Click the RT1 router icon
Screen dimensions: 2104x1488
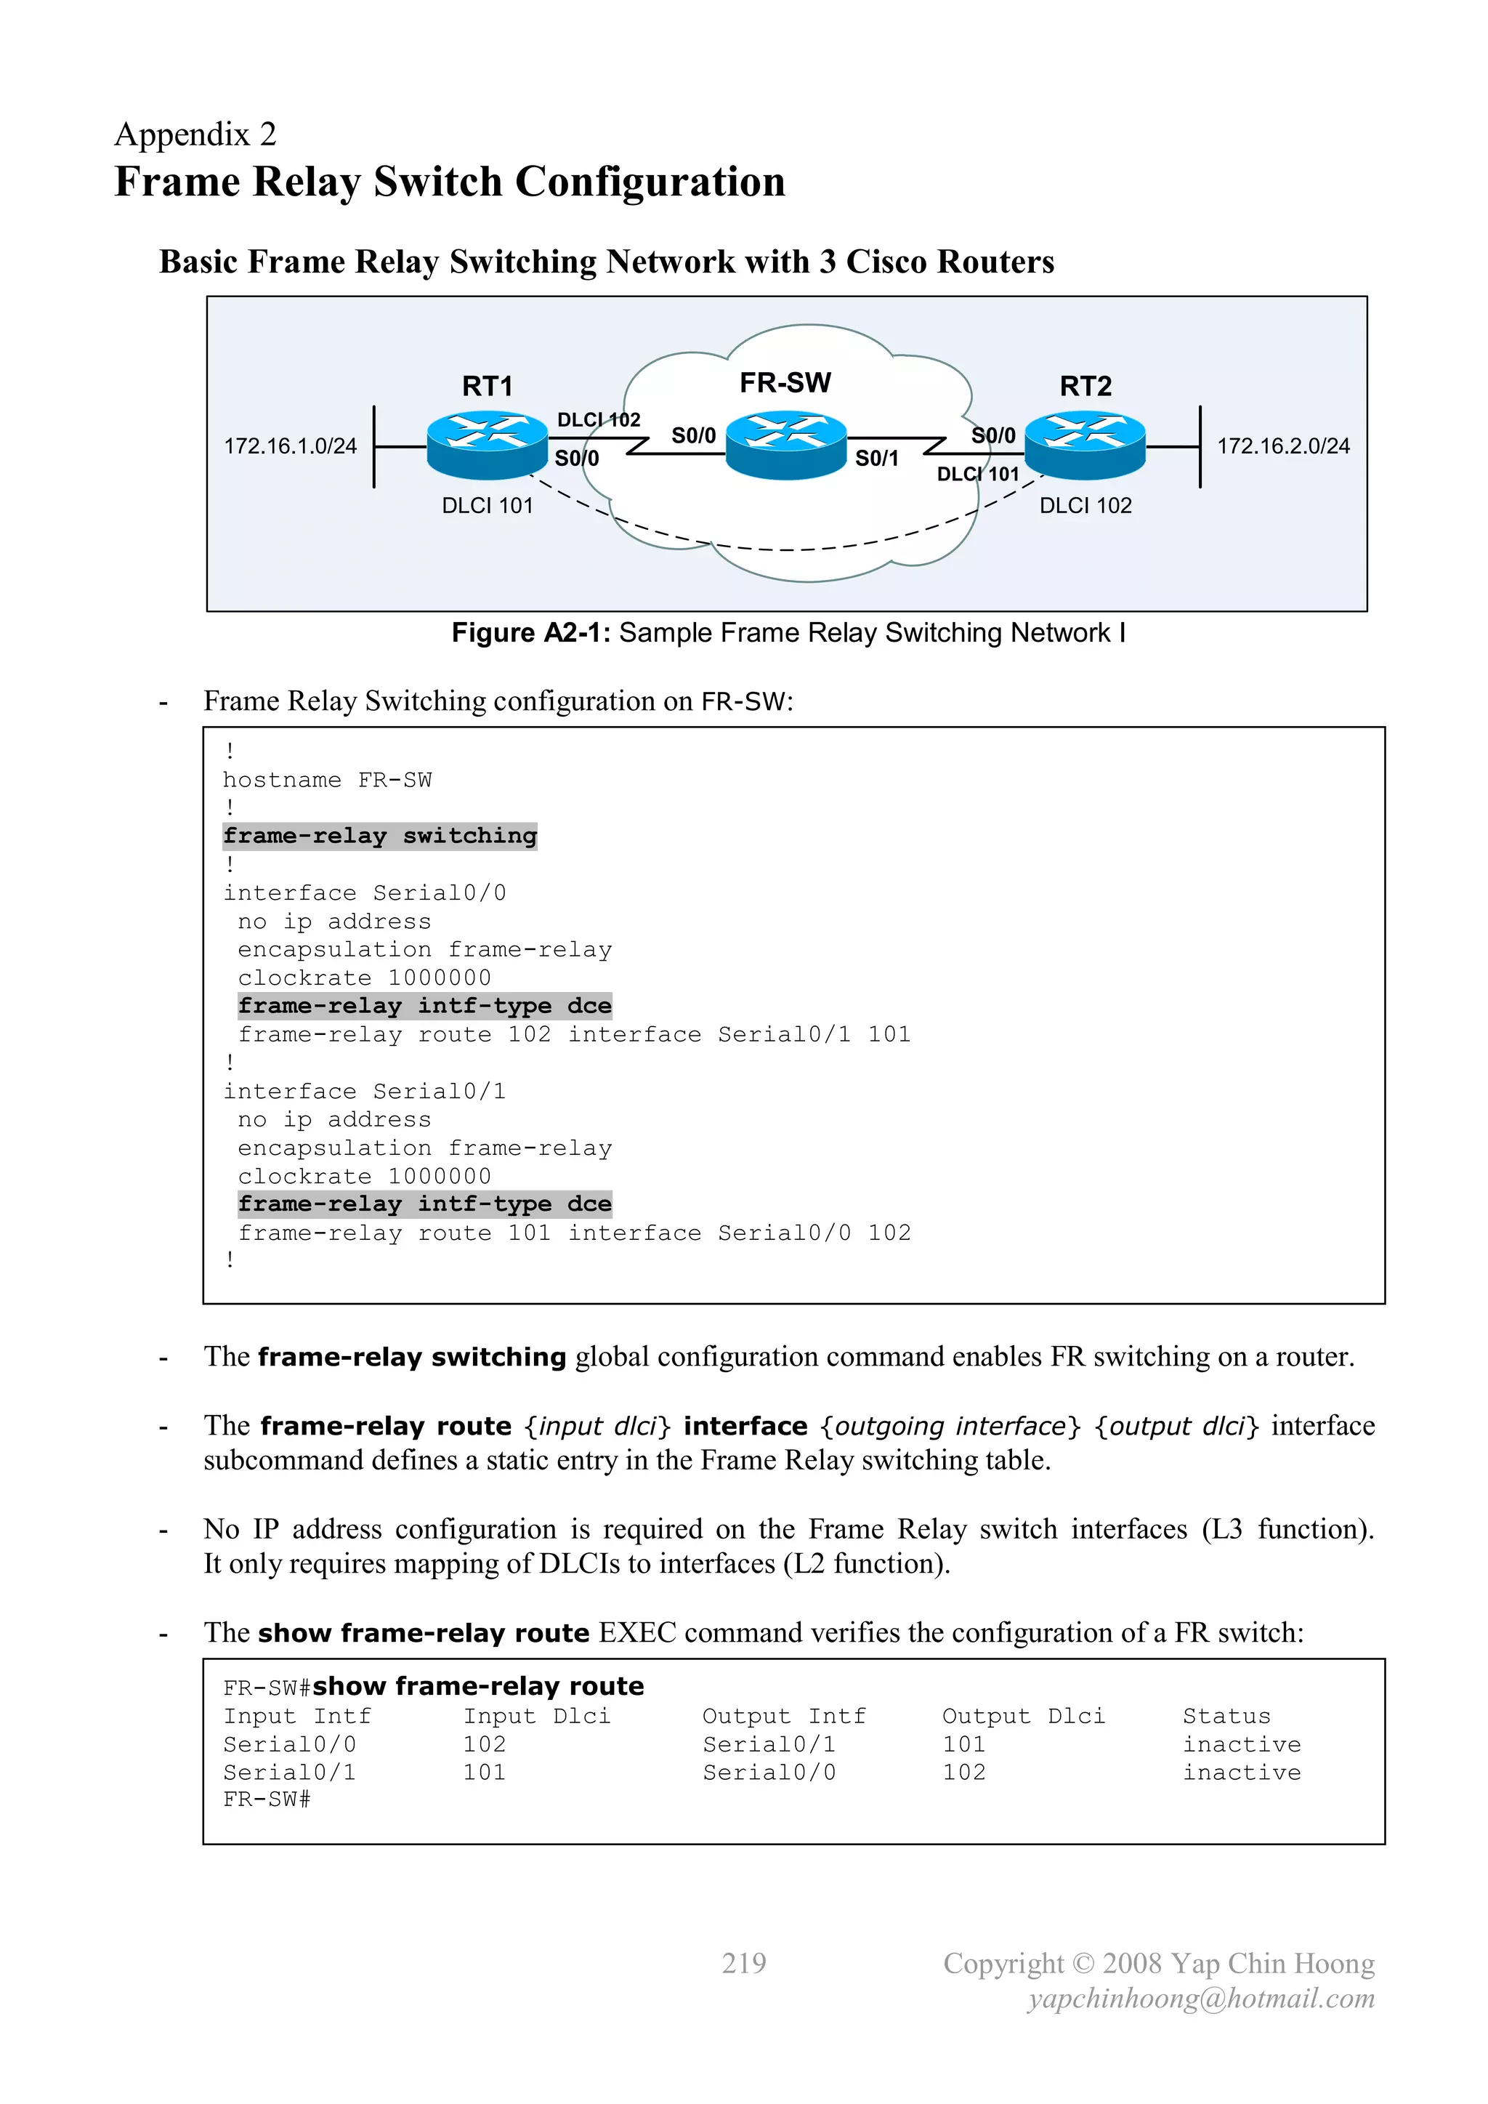pyautogui.click(x=487, y=445)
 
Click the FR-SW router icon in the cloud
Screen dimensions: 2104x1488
pyautogui.click(x=785, y=445)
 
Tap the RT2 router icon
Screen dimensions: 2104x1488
pyautogui.click(x=1085, y=445)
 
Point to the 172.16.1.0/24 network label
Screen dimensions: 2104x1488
pyautogui.click(x=291, y=446)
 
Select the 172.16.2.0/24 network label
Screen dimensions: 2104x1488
pyautogui.click(x=1283, y=446)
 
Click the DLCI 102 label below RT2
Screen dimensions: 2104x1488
pyautogui.click(x=1085, y=506)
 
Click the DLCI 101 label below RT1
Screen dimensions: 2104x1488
pyautogui.click(x=487, y=506)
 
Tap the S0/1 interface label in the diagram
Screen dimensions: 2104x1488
pyautogui.click(x=876, y=458)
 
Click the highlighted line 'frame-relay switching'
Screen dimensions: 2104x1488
pyautogui.click(x=379, y=836)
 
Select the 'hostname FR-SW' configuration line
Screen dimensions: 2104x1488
pyautogui.click(x=327, y=780)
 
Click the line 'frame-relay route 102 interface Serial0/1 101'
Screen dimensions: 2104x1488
pyautogui.click(x=573, y=1035)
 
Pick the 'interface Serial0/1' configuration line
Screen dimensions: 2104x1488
pyautogui.click(x=364, y=1092)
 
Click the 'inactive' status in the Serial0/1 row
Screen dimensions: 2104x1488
pyautogui.click(x=1241, y=1773)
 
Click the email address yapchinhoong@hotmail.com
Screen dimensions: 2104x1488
pyautogui.click(x=1200, y=1998)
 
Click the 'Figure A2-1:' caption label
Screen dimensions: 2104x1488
pyautogui.click(x=530, y=633)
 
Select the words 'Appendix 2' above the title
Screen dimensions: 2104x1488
pyautogui.click(x=195, y=134)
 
